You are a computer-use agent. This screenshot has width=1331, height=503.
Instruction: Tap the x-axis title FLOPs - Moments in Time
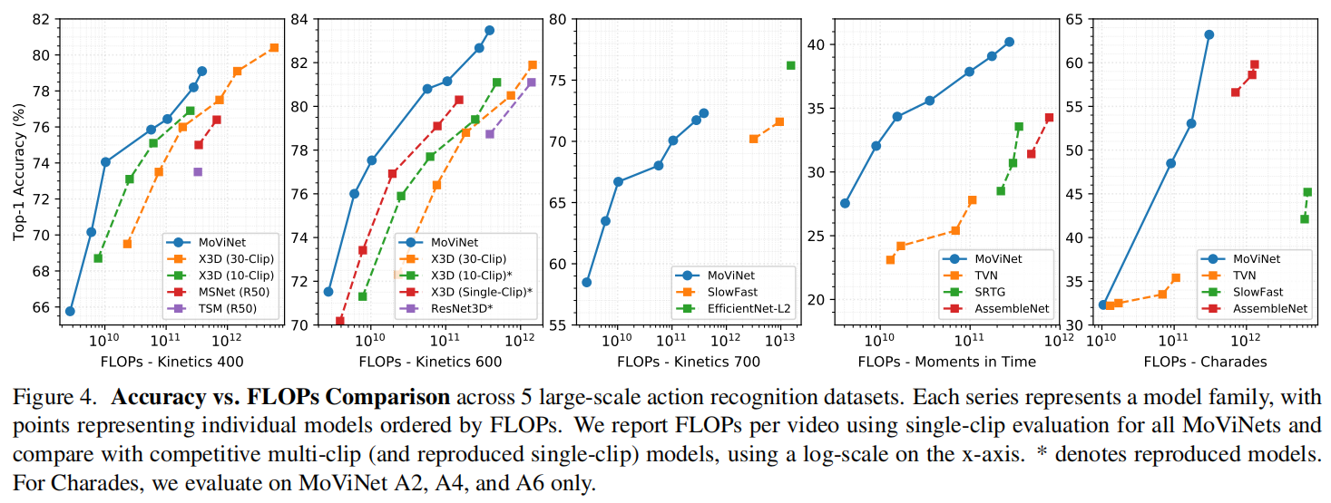point(946,362)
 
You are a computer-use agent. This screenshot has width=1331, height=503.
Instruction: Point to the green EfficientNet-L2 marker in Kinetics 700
point(790,65)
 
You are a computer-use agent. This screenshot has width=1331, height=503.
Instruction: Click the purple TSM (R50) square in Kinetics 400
point(198,171)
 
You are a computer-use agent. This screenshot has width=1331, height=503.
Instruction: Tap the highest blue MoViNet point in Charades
point(1209,34)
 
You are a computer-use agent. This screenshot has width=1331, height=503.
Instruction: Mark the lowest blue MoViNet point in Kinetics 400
point(70,311)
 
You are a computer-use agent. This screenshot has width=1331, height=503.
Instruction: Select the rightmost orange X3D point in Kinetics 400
point(274,47)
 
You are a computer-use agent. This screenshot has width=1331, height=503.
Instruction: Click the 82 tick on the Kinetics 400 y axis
point(43,19)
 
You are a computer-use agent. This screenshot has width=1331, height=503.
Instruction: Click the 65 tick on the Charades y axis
point(1080,19)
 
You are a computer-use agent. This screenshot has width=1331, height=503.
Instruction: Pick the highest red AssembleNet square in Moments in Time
point(1049,117)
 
